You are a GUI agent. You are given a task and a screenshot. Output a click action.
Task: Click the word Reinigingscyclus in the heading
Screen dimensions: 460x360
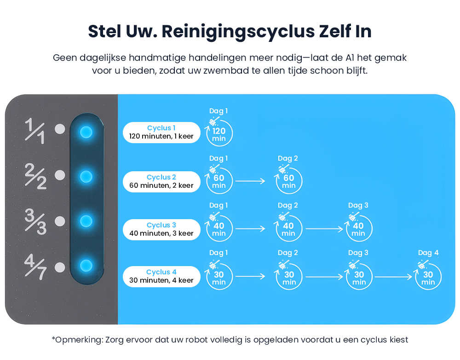pos(238,32)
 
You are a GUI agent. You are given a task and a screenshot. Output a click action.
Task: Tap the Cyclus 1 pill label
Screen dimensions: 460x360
pos(161,133)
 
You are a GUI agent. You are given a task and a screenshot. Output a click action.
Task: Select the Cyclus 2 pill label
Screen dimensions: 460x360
pos(161,182)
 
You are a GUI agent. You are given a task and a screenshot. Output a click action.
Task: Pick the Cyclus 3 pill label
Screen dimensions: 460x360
pos(161,230)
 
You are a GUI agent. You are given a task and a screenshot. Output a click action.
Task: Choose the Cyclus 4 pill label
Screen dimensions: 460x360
pos(161,277)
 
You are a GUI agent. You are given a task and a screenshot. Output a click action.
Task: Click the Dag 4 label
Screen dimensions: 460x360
pos(428,253)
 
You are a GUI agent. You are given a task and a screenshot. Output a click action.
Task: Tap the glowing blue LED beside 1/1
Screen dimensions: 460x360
pos(86,132)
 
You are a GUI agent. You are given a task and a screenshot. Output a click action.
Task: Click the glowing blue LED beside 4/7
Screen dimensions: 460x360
pos(86,266)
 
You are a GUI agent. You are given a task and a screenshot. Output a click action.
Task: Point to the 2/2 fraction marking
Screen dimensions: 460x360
pos(36,176)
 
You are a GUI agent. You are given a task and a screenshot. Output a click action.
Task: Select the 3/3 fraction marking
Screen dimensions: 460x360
pos(36,221)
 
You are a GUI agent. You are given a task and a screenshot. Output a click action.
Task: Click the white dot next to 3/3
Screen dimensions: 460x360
pos(60,221)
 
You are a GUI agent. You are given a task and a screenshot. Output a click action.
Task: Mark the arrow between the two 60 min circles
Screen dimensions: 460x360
pos(250,181)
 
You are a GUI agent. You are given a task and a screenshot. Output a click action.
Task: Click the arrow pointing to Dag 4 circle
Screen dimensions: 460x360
pos(393,277)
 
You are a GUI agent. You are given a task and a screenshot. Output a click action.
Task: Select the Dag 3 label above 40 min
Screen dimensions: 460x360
pos(358,205)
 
